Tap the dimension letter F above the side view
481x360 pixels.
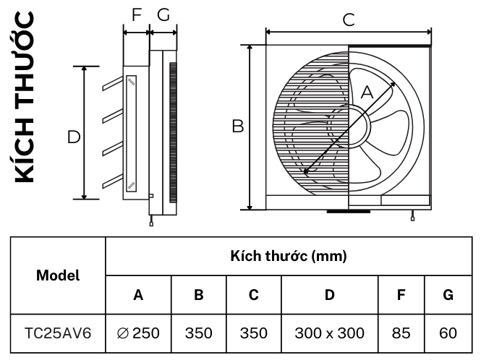coord(137,14)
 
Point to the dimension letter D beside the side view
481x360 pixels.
coord(73,136)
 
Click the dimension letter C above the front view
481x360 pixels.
coord(349,20)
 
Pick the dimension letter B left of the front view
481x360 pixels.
coord(237,126)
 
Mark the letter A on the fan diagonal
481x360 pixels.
coord(367,92)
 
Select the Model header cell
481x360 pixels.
coord(58,275)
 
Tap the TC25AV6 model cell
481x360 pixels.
coord(58,333)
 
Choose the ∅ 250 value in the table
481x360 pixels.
coord(138,333)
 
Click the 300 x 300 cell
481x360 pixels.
coord(329,333)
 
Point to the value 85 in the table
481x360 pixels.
coord(401,333)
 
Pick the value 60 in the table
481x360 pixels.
coord(448,333)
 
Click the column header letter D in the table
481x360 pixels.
coord(329,295)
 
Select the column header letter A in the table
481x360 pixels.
coord(138,295)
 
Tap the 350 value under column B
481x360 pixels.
coord(198,333)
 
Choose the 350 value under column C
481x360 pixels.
coord(253,333)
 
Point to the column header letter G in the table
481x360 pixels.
coord(448,295)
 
